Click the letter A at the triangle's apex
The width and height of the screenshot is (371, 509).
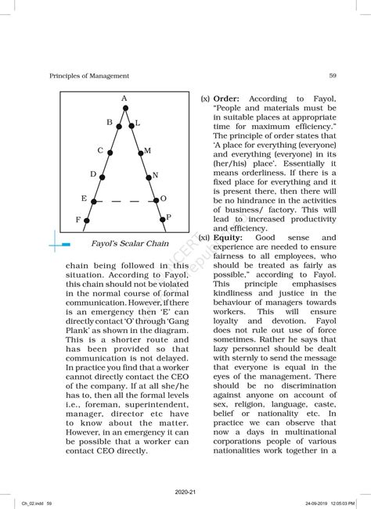[124, 98]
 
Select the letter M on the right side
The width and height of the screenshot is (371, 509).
[147, 150]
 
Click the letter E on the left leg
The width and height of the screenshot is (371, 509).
[84, 199]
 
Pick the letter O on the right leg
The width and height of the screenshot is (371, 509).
[163, 199]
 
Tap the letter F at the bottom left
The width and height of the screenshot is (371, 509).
[77, 220]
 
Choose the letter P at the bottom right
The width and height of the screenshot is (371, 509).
[168, 217]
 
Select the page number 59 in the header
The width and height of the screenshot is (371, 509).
[333, 76]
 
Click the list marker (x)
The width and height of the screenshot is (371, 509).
[204, 99]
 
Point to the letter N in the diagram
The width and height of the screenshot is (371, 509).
[155, 176]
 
